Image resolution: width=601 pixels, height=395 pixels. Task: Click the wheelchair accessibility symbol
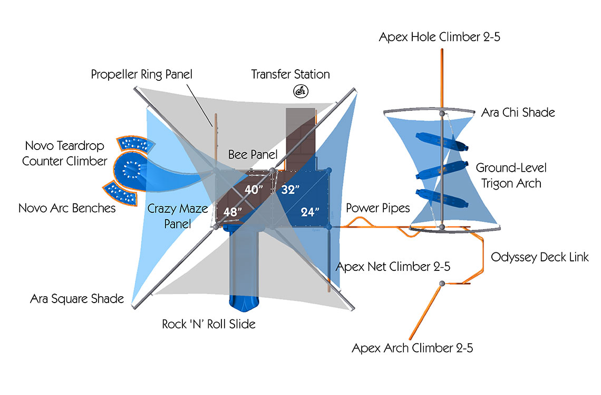pyautogui.click(x=301, y=91)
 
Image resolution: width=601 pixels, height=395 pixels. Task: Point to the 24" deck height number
pyautogui.click(x=310, y=212)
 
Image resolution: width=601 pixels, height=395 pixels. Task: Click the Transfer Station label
pyautogui.click(x=290, y=74)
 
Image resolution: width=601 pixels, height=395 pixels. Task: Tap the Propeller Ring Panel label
pyautogui.click(x=142, y=74)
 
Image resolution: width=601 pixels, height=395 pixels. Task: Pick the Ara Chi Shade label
pyautogui.click(x=518, y=112)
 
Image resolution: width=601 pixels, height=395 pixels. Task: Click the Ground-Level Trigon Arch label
pyautogui.click(x=511, y=176)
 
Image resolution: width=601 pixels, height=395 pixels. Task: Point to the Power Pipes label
pyautogui.click(x=377, y=208)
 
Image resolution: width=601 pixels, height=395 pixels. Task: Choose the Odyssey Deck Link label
pyautogui.click(x=540, y=257)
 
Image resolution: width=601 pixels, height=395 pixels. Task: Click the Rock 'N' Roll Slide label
pyautogui.click(x=209, y=324)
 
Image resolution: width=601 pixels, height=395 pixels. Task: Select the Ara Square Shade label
pyautogui.click(x=77, y=299)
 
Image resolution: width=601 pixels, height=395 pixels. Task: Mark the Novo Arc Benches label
pyautogui.click(x=67, y=208)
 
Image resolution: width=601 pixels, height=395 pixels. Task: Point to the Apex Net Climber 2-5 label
pyautogui.click(x=393, y=267)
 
